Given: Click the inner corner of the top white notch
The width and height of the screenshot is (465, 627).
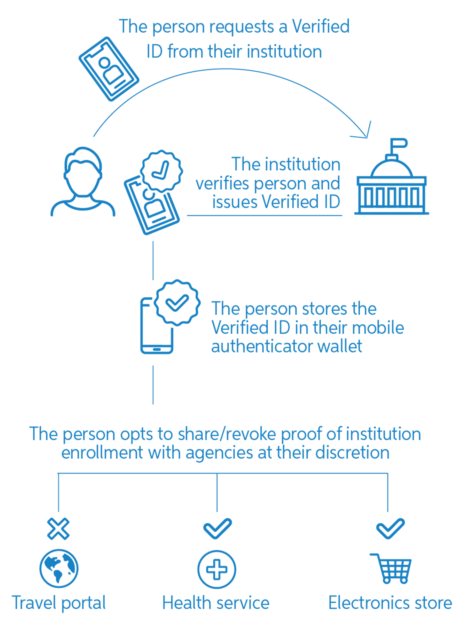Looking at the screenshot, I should click(265, 18).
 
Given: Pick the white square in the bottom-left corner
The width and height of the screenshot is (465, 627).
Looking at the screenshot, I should click(5, 620).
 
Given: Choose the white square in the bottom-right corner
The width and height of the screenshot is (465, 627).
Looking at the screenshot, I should click(459, 620).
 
